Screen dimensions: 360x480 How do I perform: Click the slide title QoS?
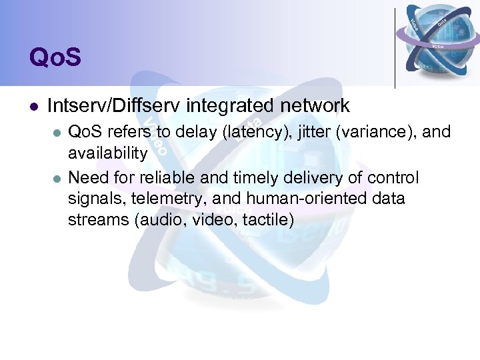point(55,57)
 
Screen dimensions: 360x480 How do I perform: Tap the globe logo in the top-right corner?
point(437,35)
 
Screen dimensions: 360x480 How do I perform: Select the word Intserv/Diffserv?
point(116,105)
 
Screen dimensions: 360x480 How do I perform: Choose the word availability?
point(107,154)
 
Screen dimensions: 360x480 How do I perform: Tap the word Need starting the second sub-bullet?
point(87,178)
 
